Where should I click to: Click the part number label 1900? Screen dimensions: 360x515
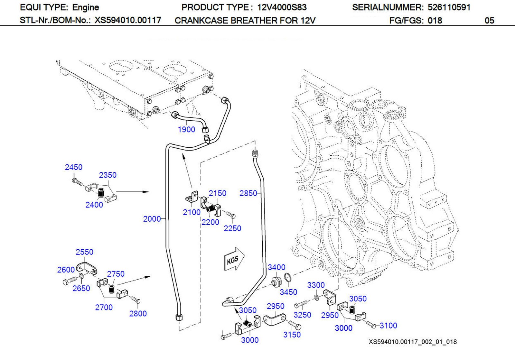[x=186, y=130]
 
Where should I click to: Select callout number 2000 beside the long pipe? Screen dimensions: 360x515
[x=152, y=219]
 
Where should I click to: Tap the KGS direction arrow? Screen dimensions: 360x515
[x=234, y=259]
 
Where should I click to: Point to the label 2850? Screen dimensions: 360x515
[x=248, y=193]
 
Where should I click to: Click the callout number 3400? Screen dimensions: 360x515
[x=276, y=267]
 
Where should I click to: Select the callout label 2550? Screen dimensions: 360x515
[x=84, y=252]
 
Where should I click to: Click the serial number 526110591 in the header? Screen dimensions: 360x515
[x=449, y=7]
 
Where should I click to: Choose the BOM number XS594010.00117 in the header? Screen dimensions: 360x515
[x=127, y=20]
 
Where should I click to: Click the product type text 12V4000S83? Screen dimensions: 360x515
[x=282, y=7]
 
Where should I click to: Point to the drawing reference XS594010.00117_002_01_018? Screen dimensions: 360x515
[x=412, y=342]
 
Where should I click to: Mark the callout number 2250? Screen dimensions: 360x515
[x=232, y=228]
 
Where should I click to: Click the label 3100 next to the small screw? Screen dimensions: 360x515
[x=388, y=326]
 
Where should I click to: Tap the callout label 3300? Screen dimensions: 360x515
[x=316, y=285]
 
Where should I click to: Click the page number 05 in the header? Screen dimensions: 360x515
[x=489, y=21]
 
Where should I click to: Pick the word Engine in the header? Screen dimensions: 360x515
[x=86, y=7]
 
